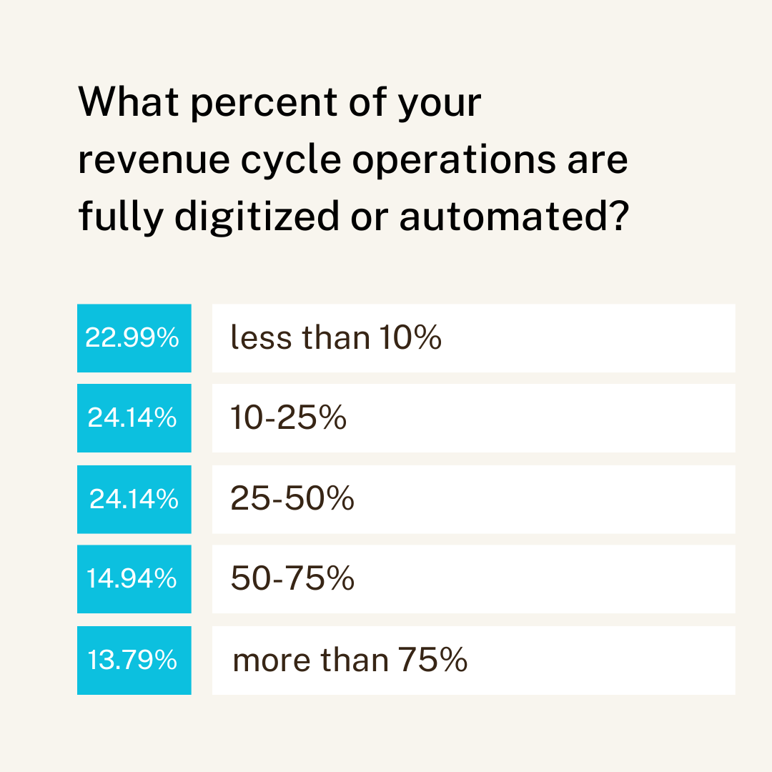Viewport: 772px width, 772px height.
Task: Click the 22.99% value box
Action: [x=134, y=338]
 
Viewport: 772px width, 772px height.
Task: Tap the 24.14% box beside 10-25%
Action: [x=134, y=418]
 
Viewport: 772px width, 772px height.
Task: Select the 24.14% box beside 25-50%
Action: [x=134, y=499]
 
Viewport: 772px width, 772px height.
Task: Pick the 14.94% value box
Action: [x=134, y=579]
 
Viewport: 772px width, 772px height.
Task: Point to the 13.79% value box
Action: [x=134, y=660]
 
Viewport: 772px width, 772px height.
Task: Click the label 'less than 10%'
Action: [x=336, y=338]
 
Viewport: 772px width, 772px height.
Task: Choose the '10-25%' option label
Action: [x=289, y=418]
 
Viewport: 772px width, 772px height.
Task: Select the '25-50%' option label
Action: [x=292, y=499]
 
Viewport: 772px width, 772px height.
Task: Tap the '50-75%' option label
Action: [x=292, y=579]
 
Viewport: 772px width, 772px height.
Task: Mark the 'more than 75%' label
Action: [x=350, y=660]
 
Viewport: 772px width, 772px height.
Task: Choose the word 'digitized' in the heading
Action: [x=257, y=217]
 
